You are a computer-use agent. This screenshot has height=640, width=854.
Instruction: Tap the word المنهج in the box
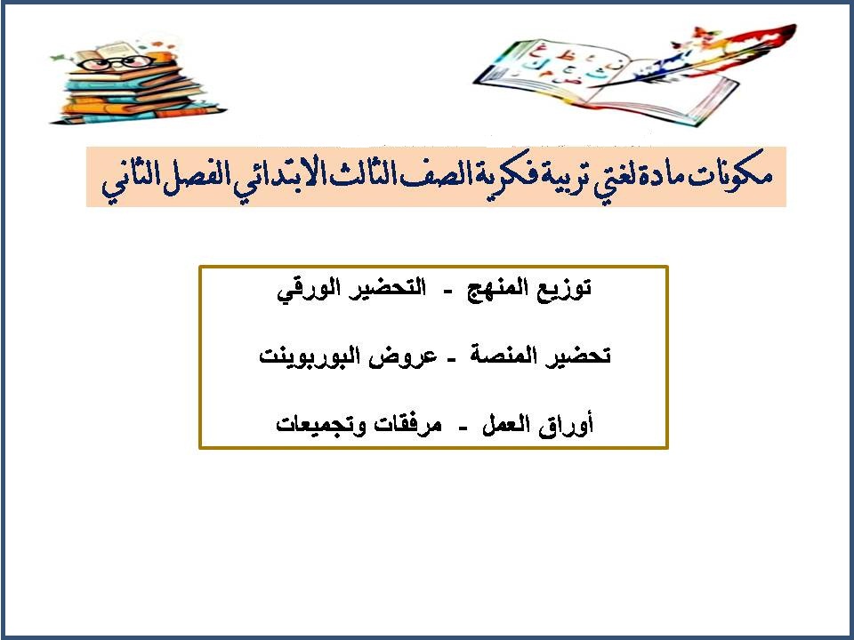click(501, 290)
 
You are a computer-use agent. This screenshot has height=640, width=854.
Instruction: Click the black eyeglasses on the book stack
click(131, 63)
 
